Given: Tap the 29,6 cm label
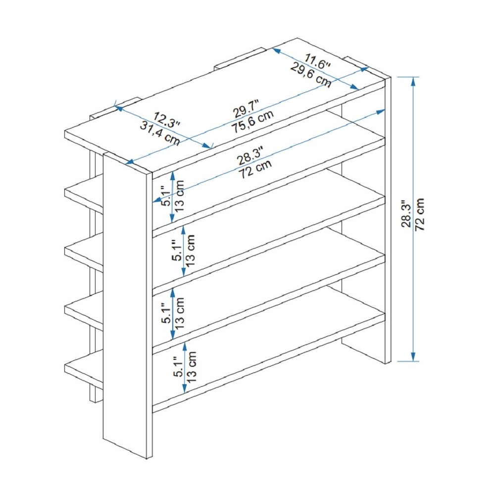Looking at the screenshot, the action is [x=311, y=75].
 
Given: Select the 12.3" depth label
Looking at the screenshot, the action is [x=167, y=120].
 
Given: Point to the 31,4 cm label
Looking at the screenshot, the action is [x=160, y=134].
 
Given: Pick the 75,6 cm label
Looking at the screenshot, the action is [x=252, y=122].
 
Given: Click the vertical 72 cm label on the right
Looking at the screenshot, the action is [x=420, y=214].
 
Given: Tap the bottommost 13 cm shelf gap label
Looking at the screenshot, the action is [x=191, y=367].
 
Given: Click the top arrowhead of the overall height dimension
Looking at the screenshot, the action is [x=413, y=81].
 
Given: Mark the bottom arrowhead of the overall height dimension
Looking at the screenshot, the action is [x=413, y=357].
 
